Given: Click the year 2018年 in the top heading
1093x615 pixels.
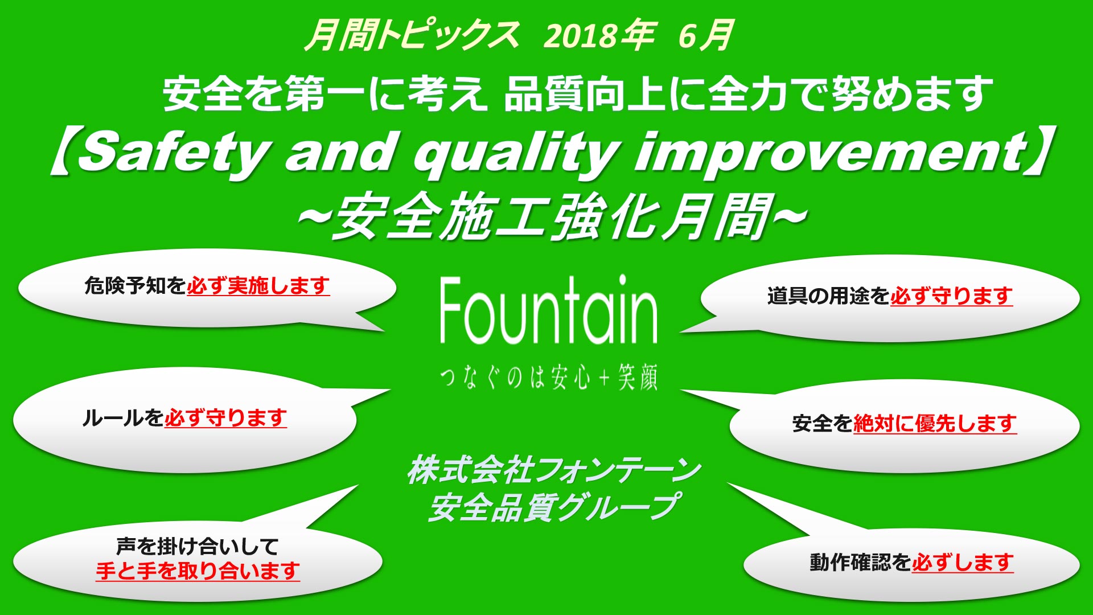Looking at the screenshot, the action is pyautogui.click(x=599, y=35).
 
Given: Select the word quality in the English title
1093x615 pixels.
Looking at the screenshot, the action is pyautogui.click(x=516, y=153).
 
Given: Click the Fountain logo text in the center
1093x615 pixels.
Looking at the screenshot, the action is pyautogui.click(x=549, y=310).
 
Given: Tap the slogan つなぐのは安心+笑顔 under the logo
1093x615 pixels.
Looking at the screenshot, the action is pyautogui.click(x=549, y=377).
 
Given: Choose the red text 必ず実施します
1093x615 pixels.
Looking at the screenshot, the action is pyautogui.click(x=258, y=285).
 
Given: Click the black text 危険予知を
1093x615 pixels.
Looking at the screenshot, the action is pyautogui.click(x=135, y=285).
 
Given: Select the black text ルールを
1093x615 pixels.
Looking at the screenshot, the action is pyautogui.click(x=123, y=418).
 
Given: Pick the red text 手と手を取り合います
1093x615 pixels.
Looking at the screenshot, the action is pyautogui.click(x=198, y=571).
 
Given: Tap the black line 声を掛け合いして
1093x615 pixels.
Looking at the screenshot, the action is pyautogui.click(x=198, y=546).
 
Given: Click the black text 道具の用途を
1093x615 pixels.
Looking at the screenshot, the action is pyautogui.click(x=828, y=296).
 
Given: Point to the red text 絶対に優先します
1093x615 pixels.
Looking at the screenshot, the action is pyautogui.click(x=935, y=423).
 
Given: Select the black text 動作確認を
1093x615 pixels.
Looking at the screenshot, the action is pyautogui.click(x=860, y=563).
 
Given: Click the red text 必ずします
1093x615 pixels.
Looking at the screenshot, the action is pyautogui.click(x=963, y=563).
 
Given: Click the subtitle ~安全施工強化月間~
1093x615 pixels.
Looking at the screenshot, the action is pyautogui.click(x=553, y=216).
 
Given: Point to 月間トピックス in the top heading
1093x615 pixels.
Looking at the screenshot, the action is pyautogui.click(x=412, y=35).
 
